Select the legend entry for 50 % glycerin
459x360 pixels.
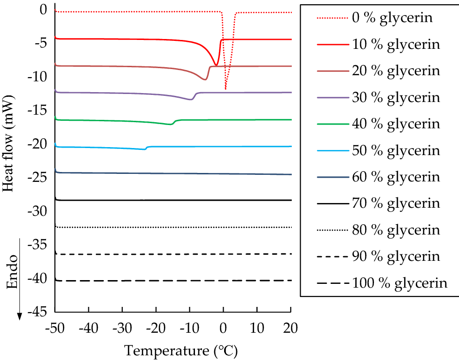click(x=395, y=150)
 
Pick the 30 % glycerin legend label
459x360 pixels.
click(x=395, y=97)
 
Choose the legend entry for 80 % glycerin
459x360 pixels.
click(x=395, y=230)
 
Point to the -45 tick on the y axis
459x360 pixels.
click(x=39, y=312)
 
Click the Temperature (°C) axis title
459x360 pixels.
click(x=181, y=350)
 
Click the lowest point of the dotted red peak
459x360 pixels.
click(x=226, y=89)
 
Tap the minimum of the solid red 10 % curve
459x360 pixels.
click(x=216, y=65)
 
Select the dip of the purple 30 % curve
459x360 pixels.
click(x=191, y=99)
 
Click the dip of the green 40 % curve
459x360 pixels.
click(x=171, y=124)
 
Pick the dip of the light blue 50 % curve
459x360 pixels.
click(x=144, y=149)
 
